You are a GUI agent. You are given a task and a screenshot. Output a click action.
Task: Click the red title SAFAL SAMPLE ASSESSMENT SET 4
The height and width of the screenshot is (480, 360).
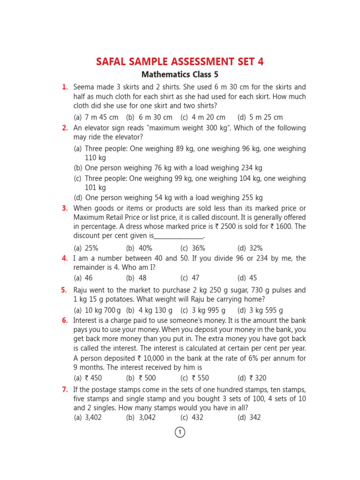[x=180, y=61]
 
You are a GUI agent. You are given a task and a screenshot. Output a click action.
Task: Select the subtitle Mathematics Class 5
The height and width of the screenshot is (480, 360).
[x=180, y=75]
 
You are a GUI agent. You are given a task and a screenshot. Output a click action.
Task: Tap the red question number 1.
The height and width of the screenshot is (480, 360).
[x=65, y=87]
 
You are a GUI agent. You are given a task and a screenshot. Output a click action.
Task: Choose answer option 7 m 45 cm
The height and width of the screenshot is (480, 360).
[x=96, y=117]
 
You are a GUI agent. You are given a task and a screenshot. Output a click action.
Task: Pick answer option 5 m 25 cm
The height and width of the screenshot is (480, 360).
[x=260, y=117]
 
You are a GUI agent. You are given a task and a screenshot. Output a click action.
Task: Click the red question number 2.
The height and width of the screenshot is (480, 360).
[x=65, y=128]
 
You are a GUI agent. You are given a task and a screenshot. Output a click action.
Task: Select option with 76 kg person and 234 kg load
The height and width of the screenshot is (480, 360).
[x=168, y=167]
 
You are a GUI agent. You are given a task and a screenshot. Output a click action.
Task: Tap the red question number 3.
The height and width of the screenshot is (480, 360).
[x=65, y=208]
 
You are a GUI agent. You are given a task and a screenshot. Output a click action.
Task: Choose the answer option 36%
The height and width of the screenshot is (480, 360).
[x=193, y=248]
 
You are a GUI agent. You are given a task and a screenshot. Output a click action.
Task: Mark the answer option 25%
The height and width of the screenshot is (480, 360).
[x=86, y=248]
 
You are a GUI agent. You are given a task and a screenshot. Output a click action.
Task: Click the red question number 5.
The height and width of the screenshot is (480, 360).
[x=65, y=290]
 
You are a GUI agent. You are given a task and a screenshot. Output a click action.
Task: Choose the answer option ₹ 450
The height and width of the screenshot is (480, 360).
[x=88, y=378]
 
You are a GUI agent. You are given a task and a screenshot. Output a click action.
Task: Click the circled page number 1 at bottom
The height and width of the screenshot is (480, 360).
[x=180, y=432]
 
